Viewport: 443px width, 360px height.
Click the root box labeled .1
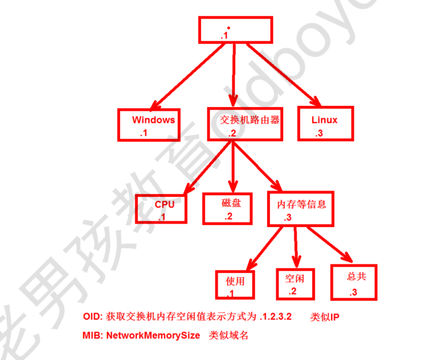click(x=235, y=29)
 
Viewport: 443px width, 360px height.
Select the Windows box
click(x=147, y=125)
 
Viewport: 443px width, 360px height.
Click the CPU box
click(x=161, y=208)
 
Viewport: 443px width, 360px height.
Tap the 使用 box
click(x=235, y=284)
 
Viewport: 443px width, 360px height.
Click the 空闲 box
click(x=294, y=283)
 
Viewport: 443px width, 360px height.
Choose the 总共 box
click(x=354, y=282)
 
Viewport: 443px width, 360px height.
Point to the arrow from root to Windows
click(x=187, y=76)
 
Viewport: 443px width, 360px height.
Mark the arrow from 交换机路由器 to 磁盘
click(x=233, y=167)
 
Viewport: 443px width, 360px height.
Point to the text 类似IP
click(x=324, y=317)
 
